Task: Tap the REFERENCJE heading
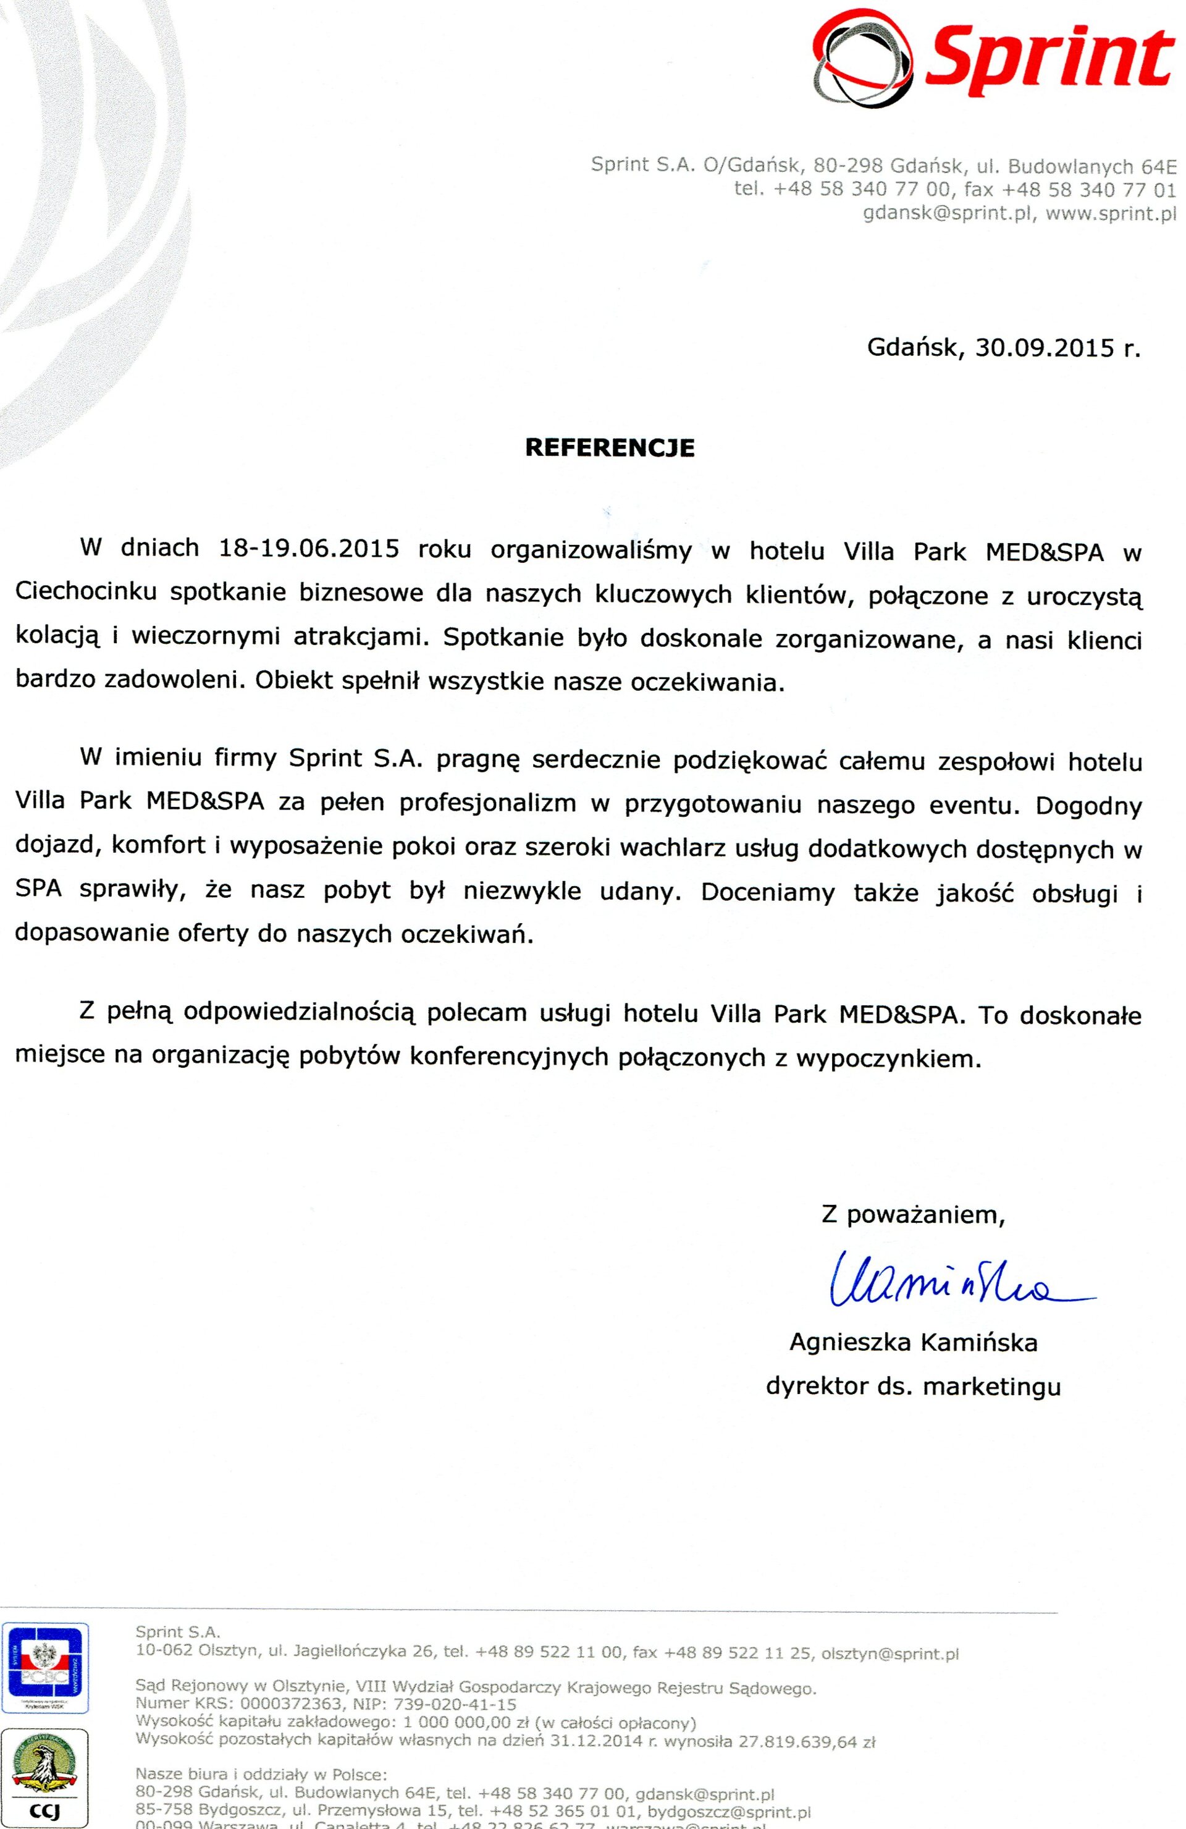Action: pyautogui.click(x=610, y=448)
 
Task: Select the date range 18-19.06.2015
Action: pyautogui.click(x=309, y=550)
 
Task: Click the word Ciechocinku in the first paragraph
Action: pyautogui.click(x=85, y=594)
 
